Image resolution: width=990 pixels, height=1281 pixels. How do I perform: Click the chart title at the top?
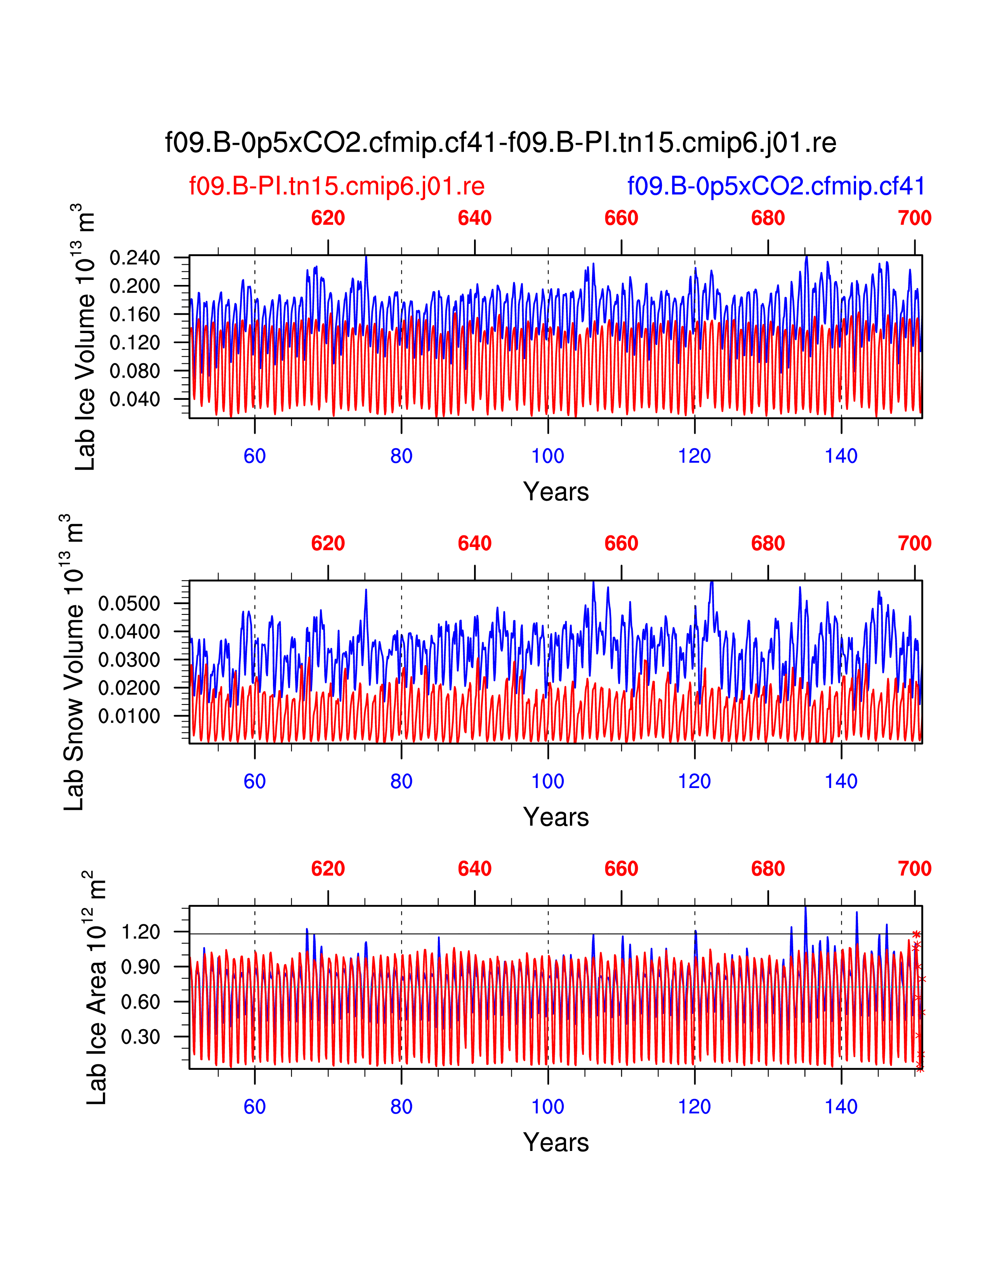point(500,142)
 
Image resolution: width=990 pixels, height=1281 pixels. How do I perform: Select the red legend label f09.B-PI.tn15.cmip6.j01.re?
point(337,186)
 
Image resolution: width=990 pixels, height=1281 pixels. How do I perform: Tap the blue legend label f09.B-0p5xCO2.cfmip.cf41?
point(776,186)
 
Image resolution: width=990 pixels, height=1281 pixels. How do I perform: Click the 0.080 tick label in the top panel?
point(134,371)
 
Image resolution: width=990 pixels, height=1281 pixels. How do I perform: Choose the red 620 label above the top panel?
point(328,218)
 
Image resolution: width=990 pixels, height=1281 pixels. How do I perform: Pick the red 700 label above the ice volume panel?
point(914,218)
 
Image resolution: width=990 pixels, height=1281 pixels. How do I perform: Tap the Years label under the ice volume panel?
point(556,491)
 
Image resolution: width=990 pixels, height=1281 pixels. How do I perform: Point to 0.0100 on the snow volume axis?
point(129,716)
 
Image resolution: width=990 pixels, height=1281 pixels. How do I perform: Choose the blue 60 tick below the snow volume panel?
point(255,781)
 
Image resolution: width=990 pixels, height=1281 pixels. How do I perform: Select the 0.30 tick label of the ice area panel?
point(140,1036)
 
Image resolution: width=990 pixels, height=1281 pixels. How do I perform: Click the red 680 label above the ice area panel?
point(768,869)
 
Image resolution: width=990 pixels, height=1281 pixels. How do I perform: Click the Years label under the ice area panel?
point(556,1142)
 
